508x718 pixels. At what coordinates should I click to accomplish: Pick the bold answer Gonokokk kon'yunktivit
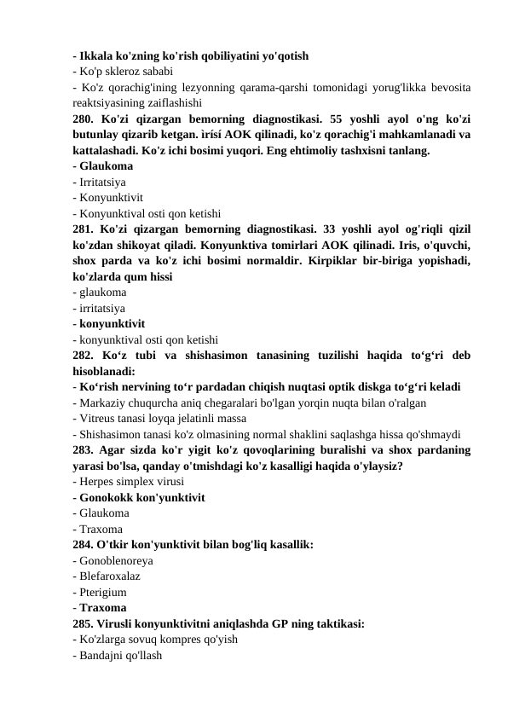coord(141,498)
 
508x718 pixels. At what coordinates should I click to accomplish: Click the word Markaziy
coord(102,402)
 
